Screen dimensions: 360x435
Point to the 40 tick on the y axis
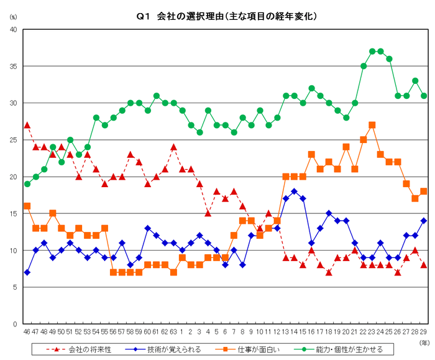[x=12, y=29]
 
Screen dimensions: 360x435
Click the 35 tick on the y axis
[x=12, y=66]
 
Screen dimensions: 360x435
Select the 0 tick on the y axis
[x=15, y=324]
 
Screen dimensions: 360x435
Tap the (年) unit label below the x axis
[x=423, y=341]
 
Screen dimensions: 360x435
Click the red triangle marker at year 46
[x=27, y=125]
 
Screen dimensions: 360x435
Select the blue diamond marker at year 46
[x=27, y=272]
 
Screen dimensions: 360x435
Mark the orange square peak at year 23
[x=372, y=125]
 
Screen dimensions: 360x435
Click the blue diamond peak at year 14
[x=294, y=192]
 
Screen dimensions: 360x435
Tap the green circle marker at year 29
[x=423, y=96]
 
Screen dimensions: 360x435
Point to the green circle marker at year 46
[x=27, y=184]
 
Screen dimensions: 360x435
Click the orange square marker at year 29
[x=423, y=192]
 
